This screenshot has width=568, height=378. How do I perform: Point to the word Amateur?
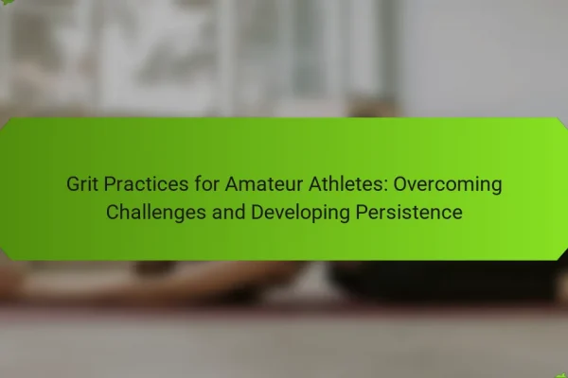click(264, 183)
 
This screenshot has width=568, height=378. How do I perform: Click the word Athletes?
click(346, 183)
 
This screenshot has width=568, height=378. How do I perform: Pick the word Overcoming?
click(448, 185)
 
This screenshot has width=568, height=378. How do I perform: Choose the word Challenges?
click(156, 213)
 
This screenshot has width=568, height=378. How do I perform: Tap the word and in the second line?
click(228, 212)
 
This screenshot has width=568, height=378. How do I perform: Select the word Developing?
click(300, 213)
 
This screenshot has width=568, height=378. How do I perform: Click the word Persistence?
click(409, 212)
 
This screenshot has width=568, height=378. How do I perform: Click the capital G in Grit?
click(73, 183)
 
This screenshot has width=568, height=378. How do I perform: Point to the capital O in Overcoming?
click(399, 183)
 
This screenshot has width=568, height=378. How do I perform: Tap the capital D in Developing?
click(257, 212)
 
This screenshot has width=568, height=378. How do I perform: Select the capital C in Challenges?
click(113, 212)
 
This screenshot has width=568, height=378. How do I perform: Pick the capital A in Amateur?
click(232, 183)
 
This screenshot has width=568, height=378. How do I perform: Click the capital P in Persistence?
click(362, 212)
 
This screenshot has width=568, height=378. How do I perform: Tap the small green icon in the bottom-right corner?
click(562, 375)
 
